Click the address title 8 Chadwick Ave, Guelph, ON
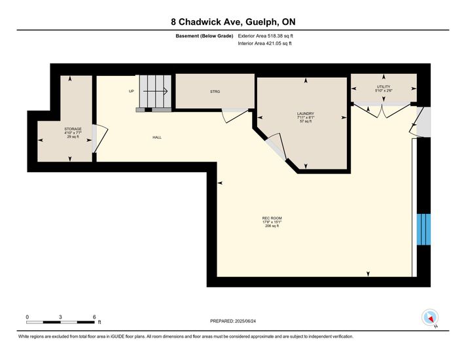tap(233, 22)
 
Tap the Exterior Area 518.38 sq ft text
tap(265, 36)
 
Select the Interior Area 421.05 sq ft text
tap(264, 43)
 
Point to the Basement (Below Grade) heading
tap(204, 36)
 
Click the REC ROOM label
tap(272, 218)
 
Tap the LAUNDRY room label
tap(306, 113)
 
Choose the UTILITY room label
tap(384, 87)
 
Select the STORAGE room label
tap(73, 129)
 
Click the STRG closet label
tap(215, 92)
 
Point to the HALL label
tap(157, 137)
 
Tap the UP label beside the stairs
tap(132, 91)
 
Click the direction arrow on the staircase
tap(155, 91)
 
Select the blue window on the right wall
tap(423, 229)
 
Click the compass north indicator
tap(430, 317)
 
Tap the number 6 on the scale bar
tap(94, 317)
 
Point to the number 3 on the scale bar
tap(60, 317)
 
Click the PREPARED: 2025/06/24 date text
tap(233, 321)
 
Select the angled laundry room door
tap(276, 147)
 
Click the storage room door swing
tap(99, 139)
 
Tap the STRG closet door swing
tap(235, 115)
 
